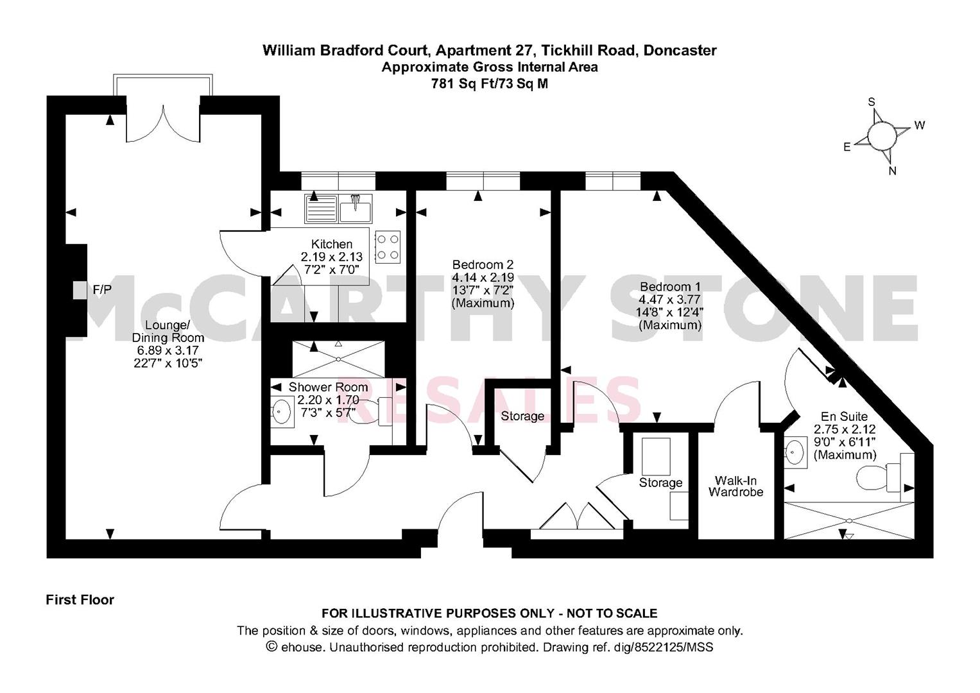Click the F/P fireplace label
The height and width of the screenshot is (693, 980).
tap(102, 289)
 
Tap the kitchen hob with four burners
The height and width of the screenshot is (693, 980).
tap(388, 247)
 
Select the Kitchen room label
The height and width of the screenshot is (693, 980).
tap(332, 244)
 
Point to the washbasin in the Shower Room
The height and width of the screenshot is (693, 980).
tap(282, 412)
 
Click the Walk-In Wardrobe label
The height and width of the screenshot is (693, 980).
tap(736, 486)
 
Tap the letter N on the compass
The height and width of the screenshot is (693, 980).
tap(893, 171)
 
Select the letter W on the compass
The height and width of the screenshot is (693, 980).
tap(920, 126)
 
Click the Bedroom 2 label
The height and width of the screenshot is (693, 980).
tap(483, 264)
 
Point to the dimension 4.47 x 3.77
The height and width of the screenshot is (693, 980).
tap(670, 300)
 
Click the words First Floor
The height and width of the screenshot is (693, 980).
tap(80, 599)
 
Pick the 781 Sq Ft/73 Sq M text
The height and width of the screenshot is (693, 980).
tap(490, 83)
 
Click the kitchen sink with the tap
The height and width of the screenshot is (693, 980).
tap(356, 209)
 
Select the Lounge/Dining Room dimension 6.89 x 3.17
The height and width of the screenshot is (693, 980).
tap(168, 350)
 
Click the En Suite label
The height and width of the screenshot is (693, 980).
tap(844, 416)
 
